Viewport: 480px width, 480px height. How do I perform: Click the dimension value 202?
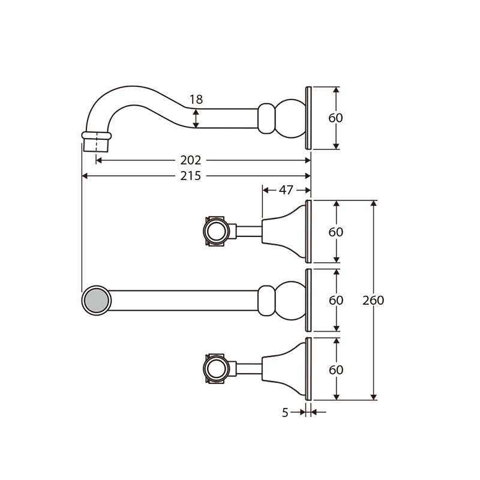[x=191, y=160]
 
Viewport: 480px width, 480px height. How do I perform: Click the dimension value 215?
[x=191, y=176]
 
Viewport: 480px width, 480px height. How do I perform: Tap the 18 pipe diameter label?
[x=196, y=100]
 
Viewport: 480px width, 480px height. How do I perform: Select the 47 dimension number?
[x=286, y=190]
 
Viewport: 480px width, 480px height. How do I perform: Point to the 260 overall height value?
[x=373, y=301]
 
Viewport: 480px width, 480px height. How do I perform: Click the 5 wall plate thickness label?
[x=285, y=413]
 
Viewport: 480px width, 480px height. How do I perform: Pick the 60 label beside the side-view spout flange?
[x=335, y=118]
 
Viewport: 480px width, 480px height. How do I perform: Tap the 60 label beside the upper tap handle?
[x=336, y=232]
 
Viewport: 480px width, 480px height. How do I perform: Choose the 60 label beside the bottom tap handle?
[x=336, y=370]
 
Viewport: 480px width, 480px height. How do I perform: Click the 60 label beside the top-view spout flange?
[x=336, y=301]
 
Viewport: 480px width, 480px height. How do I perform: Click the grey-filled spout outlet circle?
[x=97, y=301]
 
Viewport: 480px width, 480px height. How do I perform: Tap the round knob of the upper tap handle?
[x=217, y=231]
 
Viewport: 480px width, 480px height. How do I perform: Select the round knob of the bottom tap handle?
[x=217, y=368]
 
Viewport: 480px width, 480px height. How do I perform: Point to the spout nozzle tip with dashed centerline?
[x=97, y=142]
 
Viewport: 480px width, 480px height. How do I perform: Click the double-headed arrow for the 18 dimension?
[x=196, y=118]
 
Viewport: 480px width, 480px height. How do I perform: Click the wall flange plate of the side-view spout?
[x=308, y=118]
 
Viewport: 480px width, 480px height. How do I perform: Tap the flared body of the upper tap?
[x=284, y=232]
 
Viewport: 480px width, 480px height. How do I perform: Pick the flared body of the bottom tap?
[x=284, y=369]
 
